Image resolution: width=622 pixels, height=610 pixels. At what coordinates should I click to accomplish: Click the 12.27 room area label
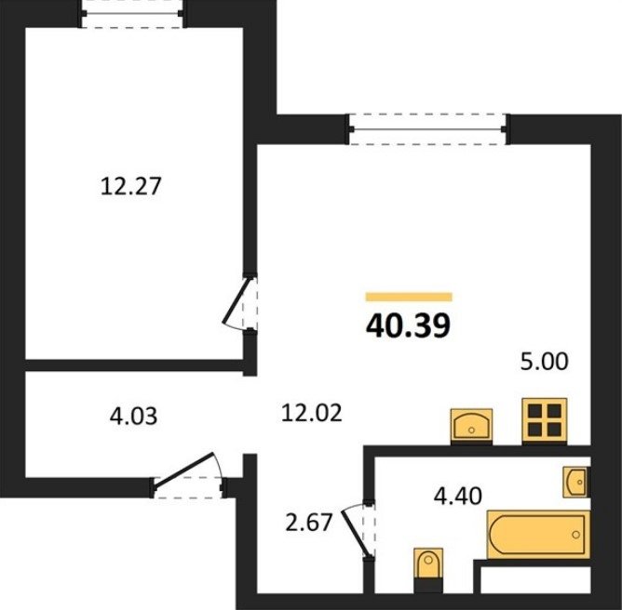pyautogui.click(x=131, y=186)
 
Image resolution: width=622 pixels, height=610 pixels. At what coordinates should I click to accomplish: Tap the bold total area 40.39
pyautogui.click(x=409, y=325)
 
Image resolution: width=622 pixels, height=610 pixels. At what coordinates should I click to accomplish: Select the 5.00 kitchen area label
pyautogui.click(x=544, y=362)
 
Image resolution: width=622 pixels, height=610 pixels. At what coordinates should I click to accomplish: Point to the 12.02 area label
pyautogui.click(x=311, y=413)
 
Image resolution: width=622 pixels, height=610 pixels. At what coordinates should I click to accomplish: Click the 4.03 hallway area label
pyautogui.click(x=134, y=417)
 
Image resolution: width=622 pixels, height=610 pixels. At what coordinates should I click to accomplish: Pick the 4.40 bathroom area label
pyautogui.click(x=458, y=496)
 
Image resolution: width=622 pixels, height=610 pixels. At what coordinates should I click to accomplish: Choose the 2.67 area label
pyautogui.click(x=308, y=522)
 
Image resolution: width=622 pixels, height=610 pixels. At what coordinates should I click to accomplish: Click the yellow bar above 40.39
pyautogui.click(x=409, y=297)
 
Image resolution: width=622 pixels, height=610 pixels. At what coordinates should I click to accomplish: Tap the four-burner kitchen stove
pyautogui.click(x=544, y=421)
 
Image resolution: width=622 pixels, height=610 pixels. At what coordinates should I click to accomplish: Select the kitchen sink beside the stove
pyautogui.click(x=471, y=426)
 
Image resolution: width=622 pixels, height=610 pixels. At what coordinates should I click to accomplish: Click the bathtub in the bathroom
pyautogui.click(x=538, y=535)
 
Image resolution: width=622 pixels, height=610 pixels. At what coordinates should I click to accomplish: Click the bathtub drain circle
pyautogui.click(x=575, y=535)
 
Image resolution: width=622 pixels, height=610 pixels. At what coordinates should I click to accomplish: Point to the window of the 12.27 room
pyautogui.click(x=131, y=13)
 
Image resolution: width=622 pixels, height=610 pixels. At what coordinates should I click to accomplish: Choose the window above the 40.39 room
pyautogui.click(x=427, y=129)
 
